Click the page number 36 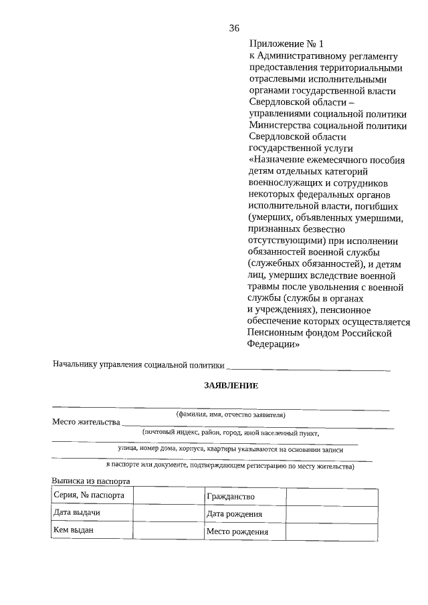tap(234, 27)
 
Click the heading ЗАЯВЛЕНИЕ tap(231, 386)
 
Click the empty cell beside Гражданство tap(332, 497)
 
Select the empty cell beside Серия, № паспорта tap(169, 496)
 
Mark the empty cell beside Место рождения tap(332, 531)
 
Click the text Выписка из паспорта tap(90, 481)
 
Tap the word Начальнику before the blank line tap(74, 364)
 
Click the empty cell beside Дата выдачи tap(169, 513)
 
